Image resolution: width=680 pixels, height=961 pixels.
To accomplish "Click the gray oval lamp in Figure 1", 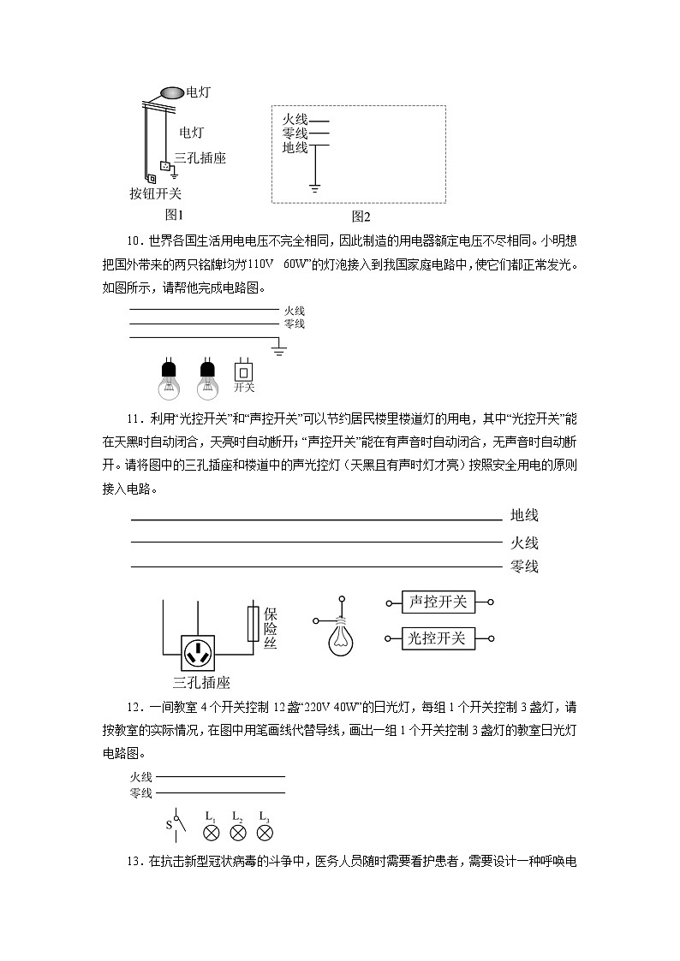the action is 171,92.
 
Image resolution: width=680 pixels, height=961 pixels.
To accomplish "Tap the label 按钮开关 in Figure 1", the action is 155,193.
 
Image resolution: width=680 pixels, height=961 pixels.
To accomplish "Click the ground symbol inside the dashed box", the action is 316,186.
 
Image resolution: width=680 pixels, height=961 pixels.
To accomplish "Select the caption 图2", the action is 361,217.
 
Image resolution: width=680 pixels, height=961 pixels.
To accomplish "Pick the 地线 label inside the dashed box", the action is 295,147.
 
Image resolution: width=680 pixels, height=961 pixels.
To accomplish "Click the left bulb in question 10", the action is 169,378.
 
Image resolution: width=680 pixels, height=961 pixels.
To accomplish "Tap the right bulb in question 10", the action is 207,378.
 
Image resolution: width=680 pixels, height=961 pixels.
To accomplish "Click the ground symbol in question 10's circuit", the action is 279,348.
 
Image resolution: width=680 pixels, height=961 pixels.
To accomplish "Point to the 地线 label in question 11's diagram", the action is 524,515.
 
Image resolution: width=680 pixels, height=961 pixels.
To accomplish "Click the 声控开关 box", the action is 438,602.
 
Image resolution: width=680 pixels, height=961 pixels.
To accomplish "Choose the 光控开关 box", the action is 438,638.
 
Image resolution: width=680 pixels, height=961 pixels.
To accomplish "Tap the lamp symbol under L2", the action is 238,832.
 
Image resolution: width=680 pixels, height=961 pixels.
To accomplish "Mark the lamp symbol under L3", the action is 265,832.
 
